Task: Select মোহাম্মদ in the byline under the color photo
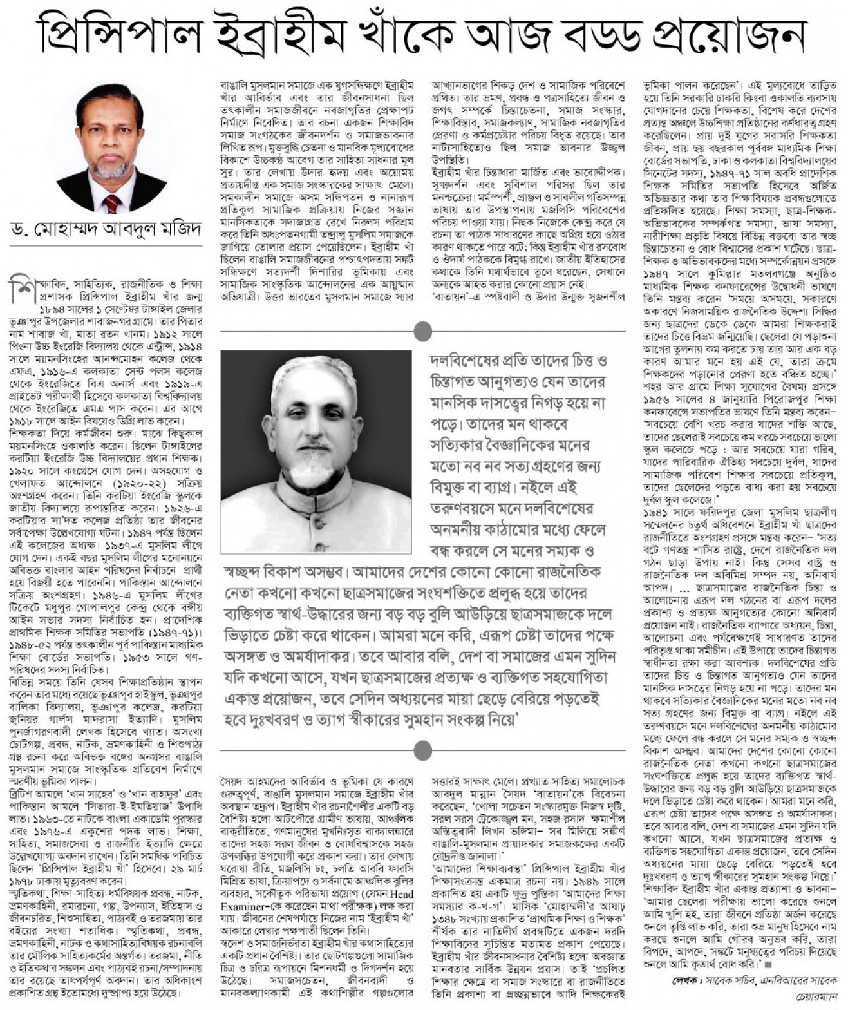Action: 64,230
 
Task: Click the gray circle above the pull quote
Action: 422,331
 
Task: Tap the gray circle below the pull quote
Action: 422,750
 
